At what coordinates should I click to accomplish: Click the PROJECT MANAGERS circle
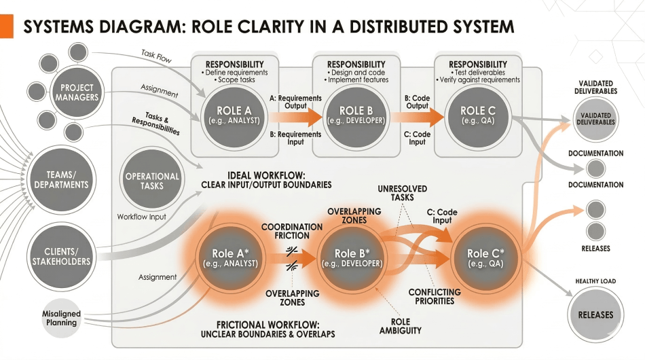point(77,92)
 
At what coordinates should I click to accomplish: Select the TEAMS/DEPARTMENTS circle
point(62,179)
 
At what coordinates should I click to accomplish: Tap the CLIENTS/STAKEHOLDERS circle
point(62,256)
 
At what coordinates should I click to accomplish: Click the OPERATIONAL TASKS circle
point(152,181)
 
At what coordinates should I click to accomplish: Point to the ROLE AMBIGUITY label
point(401,326)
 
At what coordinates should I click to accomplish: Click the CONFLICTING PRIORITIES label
point(435,297)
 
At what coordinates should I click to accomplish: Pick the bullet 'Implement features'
point(358,80)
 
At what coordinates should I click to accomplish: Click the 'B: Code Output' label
point(417,103)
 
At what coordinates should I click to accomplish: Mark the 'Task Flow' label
point(156,55)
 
